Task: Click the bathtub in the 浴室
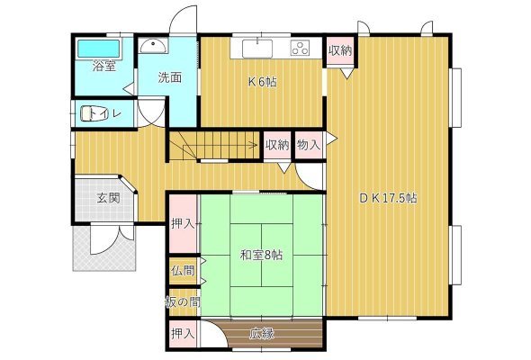coord(98,49)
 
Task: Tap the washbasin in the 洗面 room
coord(153,46)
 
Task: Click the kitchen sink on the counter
coord(257,49)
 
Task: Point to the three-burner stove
coord(301,48)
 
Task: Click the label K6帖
coord(263,82)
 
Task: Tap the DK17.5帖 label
coord(388,198)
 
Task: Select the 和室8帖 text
coord(261,255)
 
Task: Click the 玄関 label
coord(108,198)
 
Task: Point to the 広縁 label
coord(262,334)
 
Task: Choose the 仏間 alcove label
coord(183,271)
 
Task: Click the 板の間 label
coord(183,301)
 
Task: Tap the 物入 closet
coord(308,145)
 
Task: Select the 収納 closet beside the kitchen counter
coord(340,50)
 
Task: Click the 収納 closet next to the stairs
coord(277,145)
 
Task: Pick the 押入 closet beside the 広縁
coord(183,334)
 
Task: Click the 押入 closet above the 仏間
coord(183,224)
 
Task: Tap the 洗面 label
coord(170,77)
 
